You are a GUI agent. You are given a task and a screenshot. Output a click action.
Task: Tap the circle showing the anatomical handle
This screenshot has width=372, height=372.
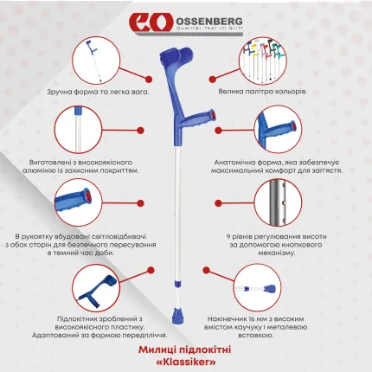[277, 130]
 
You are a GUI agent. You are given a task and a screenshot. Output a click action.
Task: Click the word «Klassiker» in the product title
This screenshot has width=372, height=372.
[185, 358]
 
